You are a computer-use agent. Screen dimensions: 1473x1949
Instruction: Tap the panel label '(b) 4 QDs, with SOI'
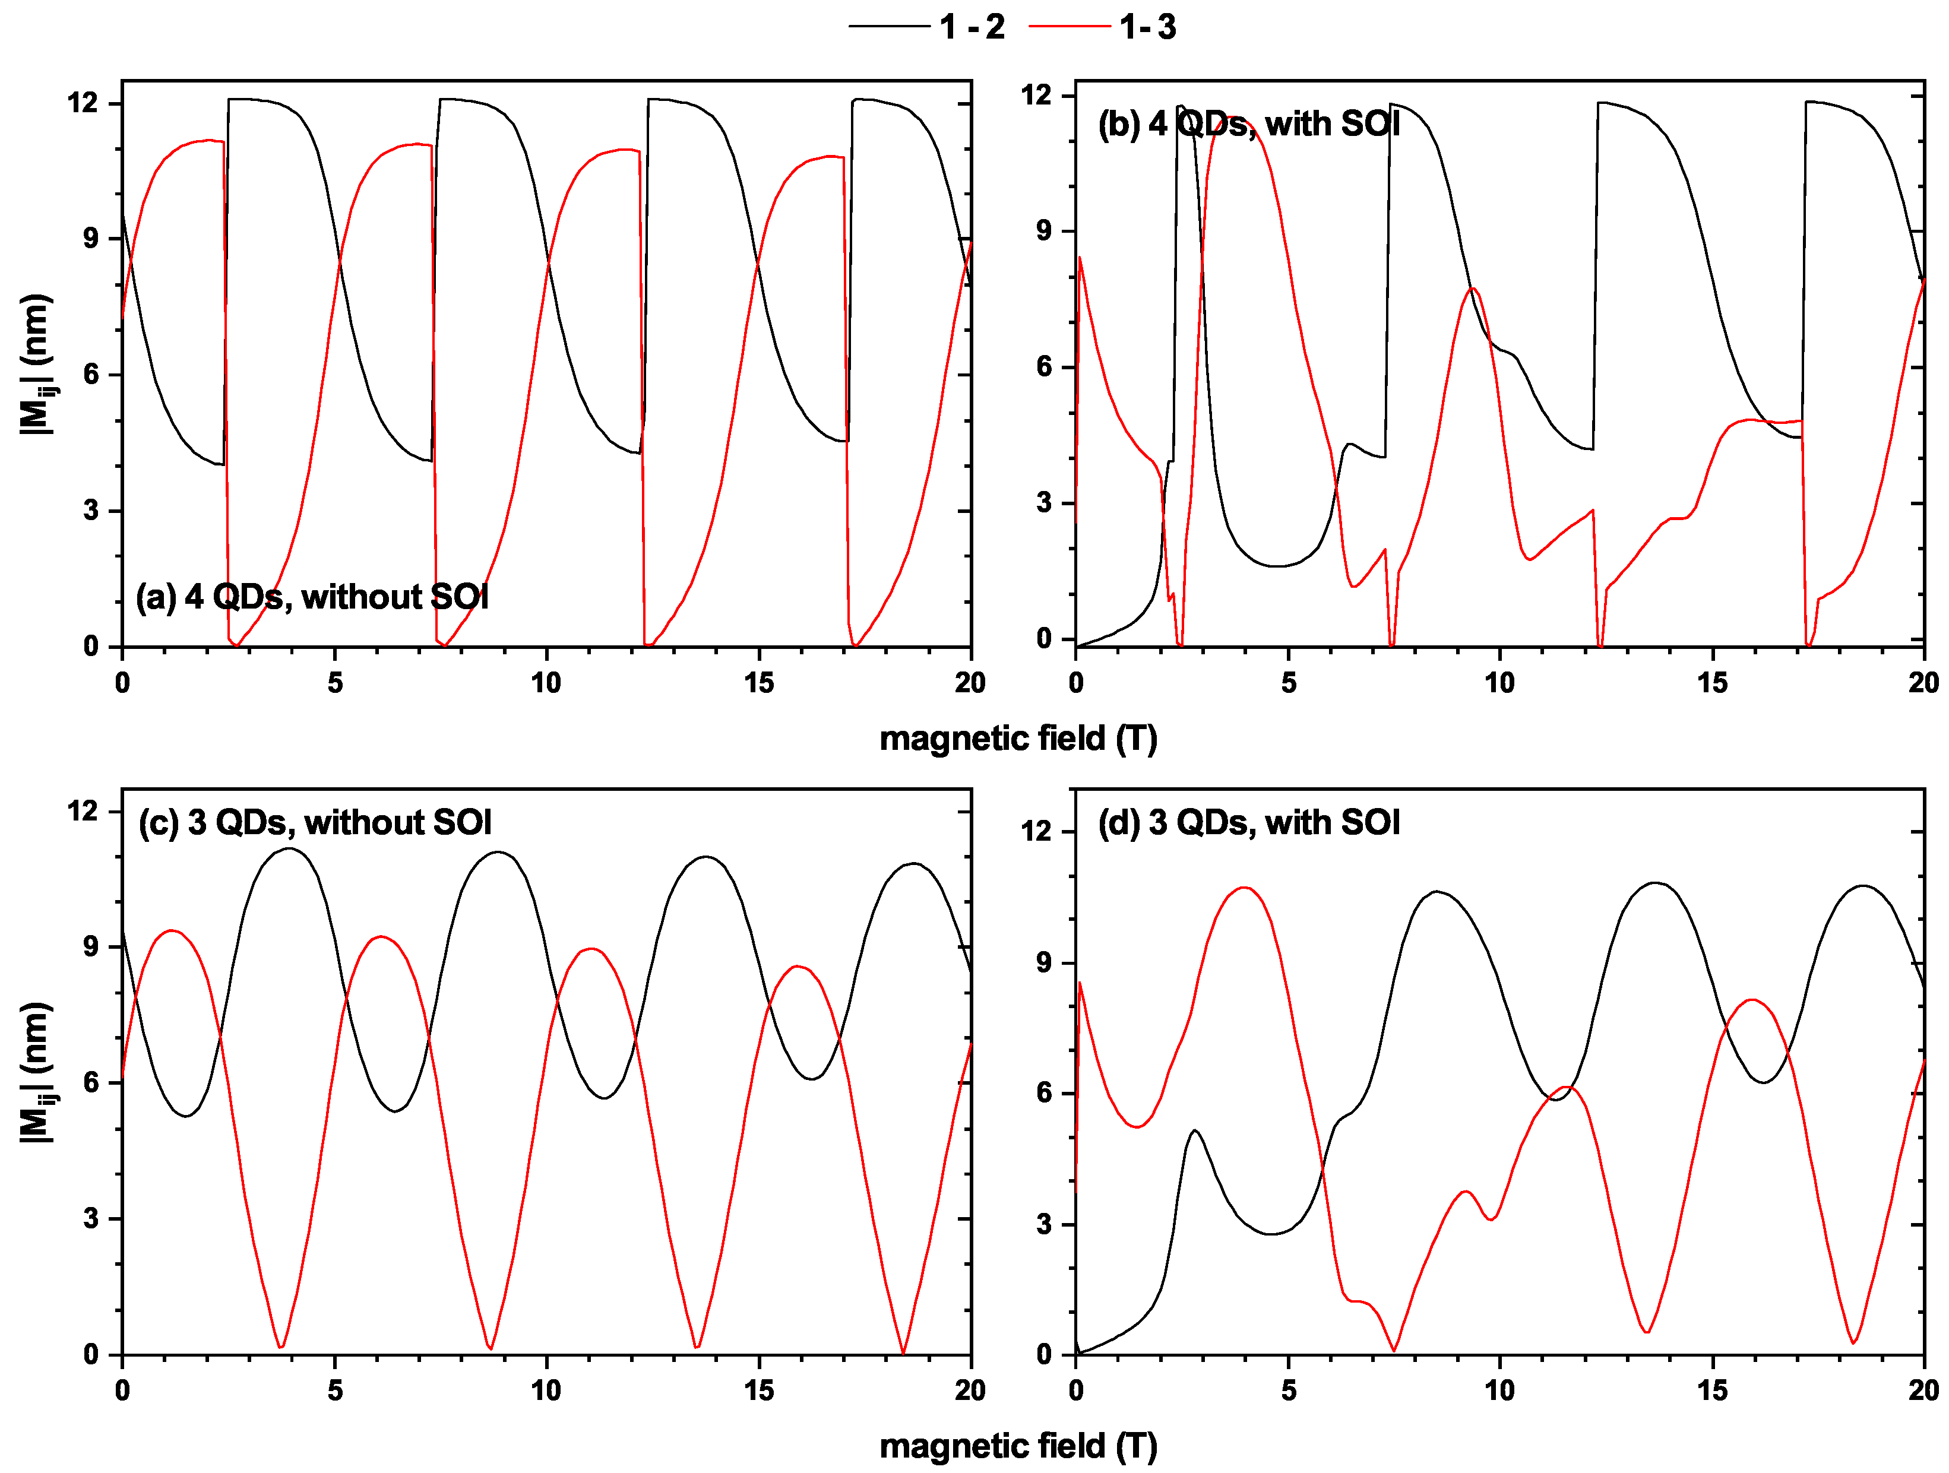coord(1248,124)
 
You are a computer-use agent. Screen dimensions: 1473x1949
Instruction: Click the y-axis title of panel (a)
coord(37,365)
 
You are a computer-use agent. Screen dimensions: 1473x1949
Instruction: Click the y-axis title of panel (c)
coord(37,1072)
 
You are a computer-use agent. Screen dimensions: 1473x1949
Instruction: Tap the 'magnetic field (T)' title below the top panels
coord(1018,738)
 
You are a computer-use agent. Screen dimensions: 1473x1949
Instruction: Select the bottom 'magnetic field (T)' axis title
coord(1018,1446)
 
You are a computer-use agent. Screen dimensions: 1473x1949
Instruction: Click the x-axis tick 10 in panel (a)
coord(546,683)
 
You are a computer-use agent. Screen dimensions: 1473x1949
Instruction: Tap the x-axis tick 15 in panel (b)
coord(1713,683)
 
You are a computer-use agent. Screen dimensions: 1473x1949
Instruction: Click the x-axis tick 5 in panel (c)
coord(335,1391)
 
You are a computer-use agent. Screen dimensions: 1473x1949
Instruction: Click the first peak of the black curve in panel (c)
coord(290,849)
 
